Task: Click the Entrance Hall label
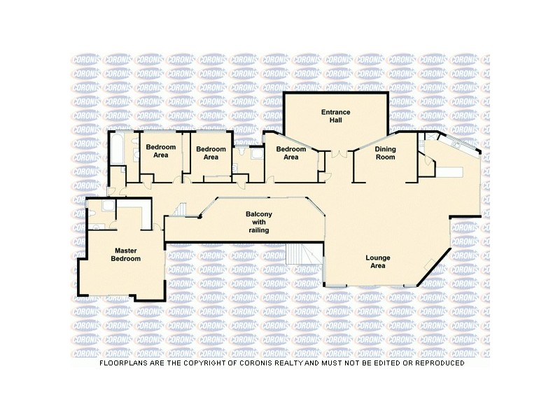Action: click(335, 116)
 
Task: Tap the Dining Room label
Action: click(385, 153)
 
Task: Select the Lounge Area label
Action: click(378, 262)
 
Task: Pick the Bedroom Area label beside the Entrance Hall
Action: click(290, 153)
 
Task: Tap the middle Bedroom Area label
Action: click(211, 153)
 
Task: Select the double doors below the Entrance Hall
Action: click(339, 154)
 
